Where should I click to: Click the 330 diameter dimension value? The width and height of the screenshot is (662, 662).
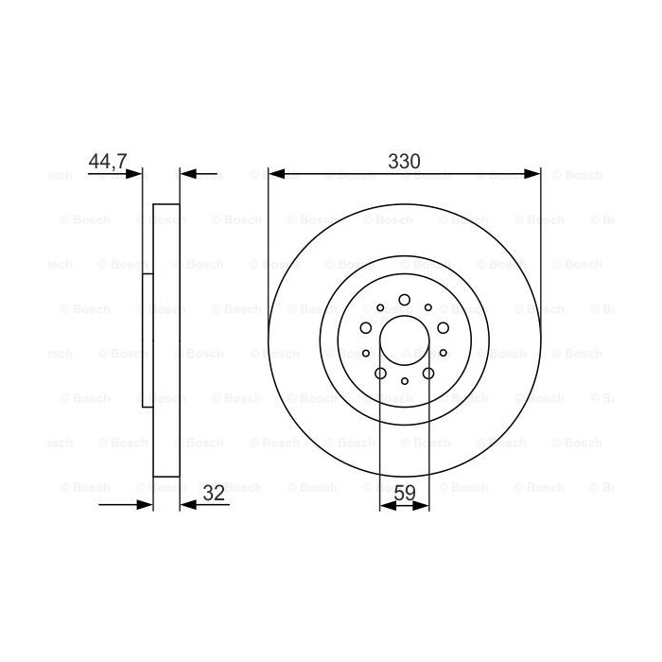click(x=404, y=162)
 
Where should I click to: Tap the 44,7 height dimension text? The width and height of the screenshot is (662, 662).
click(x=108, y=162)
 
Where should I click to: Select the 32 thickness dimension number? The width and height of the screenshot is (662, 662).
click(x=214, y=493)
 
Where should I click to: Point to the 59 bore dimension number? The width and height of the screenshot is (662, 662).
click(x=405, y=493)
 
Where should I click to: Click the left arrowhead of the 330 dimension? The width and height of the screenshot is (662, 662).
click(x=277, y=173)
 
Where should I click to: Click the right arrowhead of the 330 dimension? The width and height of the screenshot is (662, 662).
click(x=531, y=173)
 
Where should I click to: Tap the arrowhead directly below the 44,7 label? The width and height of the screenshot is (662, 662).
click(x=134, y=173)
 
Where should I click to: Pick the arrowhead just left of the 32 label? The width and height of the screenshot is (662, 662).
click(x=188, y=504)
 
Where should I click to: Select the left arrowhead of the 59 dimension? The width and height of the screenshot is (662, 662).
click(x=388, y=505)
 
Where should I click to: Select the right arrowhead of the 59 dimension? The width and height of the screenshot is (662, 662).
click(x=421, y=505)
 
